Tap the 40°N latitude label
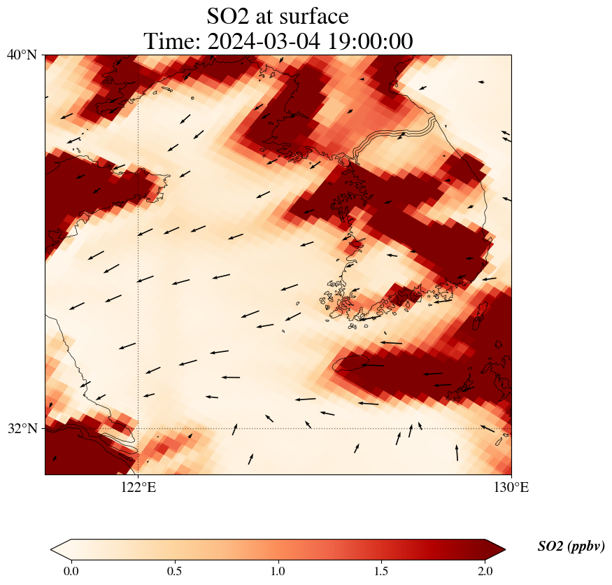22,55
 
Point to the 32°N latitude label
22,428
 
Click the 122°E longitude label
138,487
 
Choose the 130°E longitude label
511,487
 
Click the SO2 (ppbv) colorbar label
571,547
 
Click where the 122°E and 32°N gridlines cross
138,428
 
